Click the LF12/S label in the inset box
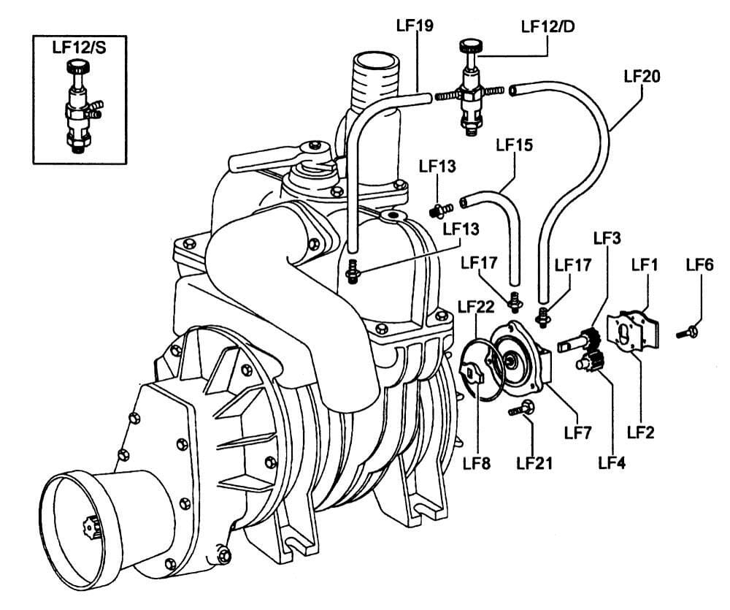[x=79, y=47]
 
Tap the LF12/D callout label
[x=548, y=26]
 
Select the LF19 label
[x=415, y=25]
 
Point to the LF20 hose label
[x=642, y=76]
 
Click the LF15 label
[x=515, y=145]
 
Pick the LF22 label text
[x=476, y=307]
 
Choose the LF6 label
[x=700, y=264]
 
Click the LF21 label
[x=534, y=463]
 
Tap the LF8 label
[x=477, y=463]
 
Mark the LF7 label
[x=577, y=433]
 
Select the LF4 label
[x=612, y=462]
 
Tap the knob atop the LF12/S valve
[x=78, y=66]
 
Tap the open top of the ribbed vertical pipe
[x=376, y=61]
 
